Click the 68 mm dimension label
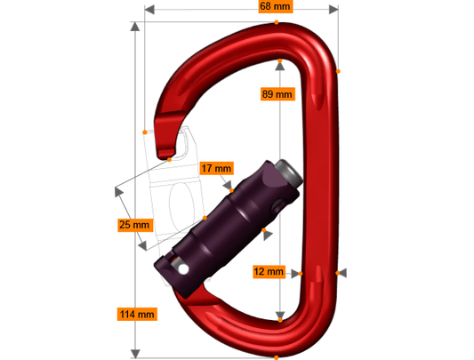click(276, 6)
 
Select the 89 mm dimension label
click(277, 94)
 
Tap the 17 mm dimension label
click(216, 168)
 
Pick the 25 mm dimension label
click(135, 225)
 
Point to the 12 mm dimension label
click(269, 271)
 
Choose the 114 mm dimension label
click(137, 314)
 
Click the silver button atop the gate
click(289, 172)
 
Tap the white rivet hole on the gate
click(183, 268)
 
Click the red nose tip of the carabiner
click(165, 154)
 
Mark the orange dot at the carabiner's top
click(277, 22)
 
